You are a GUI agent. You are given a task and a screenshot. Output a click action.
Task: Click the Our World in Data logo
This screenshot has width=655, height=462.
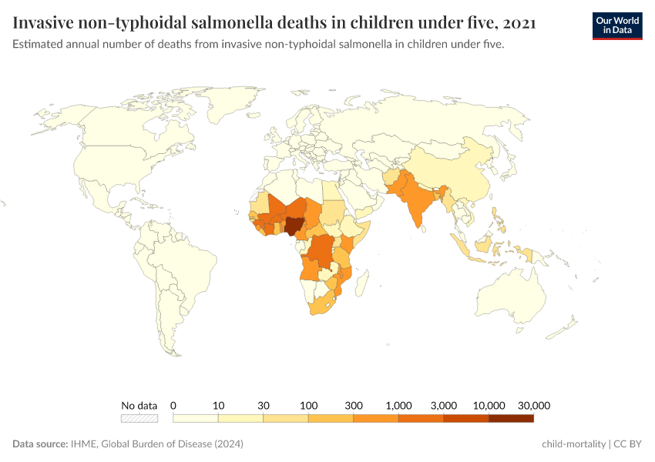616,25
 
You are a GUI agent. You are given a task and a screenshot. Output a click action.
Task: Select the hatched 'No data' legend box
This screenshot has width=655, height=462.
139,418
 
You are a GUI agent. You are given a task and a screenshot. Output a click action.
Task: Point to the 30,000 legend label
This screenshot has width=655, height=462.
533,405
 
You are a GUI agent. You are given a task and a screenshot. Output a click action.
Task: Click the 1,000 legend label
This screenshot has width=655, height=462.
398,405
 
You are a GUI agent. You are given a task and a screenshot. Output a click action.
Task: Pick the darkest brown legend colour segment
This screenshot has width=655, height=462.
511,418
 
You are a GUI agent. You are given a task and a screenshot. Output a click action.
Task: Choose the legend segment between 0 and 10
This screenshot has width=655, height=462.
196,418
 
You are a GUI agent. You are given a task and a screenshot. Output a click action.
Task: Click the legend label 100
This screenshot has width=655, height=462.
308,405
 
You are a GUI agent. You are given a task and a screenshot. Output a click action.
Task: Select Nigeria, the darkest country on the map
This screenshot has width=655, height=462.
294,226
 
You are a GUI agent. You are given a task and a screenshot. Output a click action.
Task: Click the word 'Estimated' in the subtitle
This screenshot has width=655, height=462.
39,45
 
